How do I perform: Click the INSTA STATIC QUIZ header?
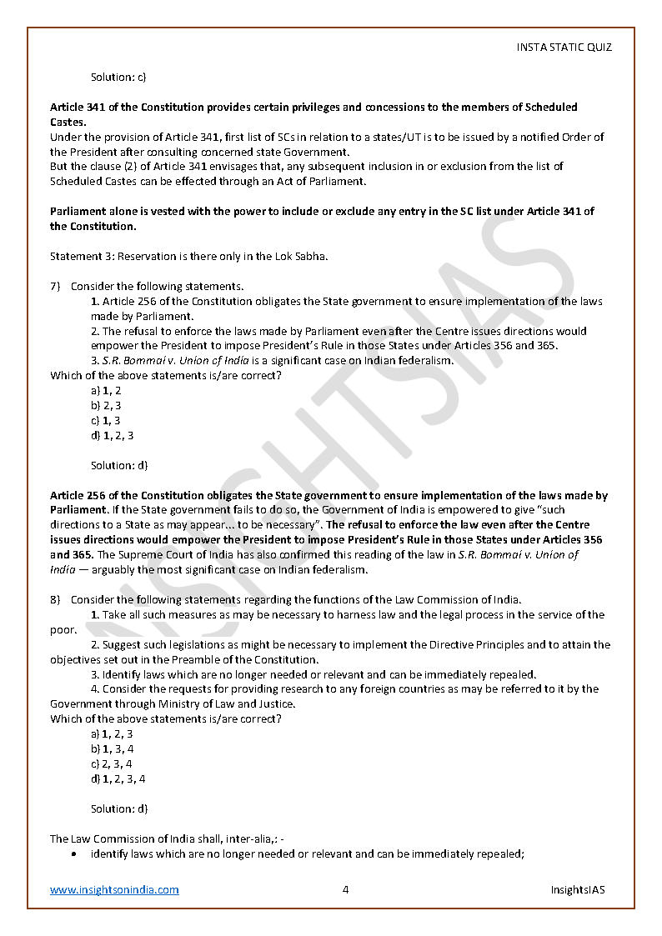pyautogui.click(x=564, y=48)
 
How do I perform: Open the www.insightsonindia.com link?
pyautogui.click(x=114, y=889)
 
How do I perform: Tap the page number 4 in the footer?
pyautogui.click(x=345, y=889)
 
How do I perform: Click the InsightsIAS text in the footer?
pyautogui.click(x=578, y=889)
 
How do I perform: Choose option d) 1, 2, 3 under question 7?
pyautogui.click(x=112, y=435)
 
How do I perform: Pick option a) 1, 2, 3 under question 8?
pyautogui.click(x=112, y=733)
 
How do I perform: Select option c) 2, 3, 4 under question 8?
pyautogui.click(x=112, y=763)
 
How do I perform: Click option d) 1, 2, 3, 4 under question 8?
pyautogui.click(x=118, y=778)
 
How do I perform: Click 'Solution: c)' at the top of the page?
pyautogui.click(x=118, y=77)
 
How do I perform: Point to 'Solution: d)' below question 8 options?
pyautogui.click(x=119, y=808)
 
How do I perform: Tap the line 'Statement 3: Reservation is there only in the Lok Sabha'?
pyautogui.click(x=188, y=256)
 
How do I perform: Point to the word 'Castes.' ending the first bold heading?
pyautogui.click(x=68, y=122)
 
